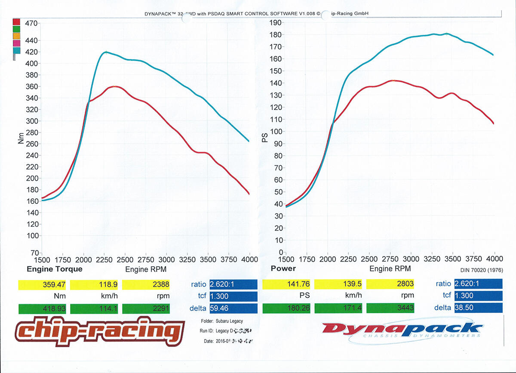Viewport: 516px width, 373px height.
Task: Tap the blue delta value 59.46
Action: [x=233, y=308]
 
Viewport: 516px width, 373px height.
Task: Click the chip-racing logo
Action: [x=97, y=331]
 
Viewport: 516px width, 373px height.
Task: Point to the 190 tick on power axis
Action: [x=275, y=23]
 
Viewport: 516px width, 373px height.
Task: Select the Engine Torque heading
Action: [x=55, y=269]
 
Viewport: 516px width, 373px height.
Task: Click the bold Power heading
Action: [x=283, y=268]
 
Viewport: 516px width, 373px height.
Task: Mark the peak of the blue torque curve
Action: [x=106, y=52]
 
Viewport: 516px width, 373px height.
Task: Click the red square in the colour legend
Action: [x=17, y=22]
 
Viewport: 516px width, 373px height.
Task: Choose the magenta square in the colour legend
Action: [x=17, y=43]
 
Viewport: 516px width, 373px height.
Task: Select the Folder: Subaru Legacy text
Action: [x=224, y=321]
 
